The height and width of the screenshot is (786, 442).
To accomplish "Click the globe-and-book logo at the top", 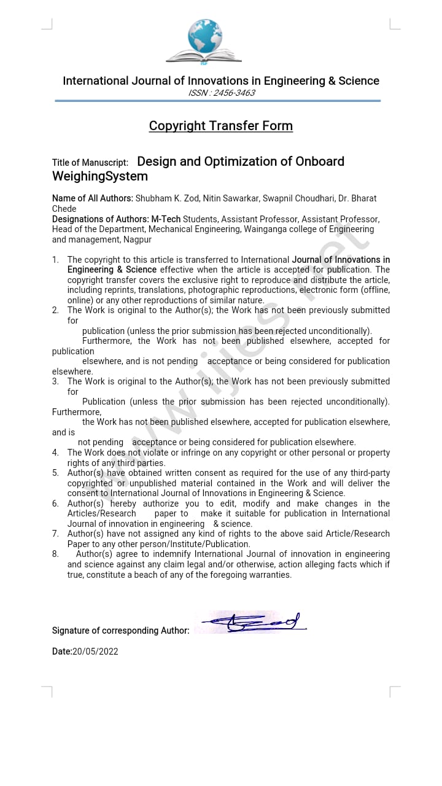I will click(x=204, y=41).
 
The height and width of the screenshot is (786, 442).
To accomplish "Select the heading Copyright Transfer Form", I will click(x=221, y=126).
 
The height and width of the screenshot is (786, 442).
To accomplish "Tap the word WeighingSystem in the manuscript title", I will click(x=100, y=177).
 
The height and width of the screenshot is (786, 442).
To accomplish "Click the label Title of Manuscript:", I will click(x=90, y=163).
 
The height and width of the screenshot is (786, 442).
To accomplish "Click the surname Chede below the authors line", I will click(x=64, y=209).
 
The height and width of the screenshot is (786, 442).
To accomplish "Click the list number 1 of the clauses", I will click(x=55, y=260).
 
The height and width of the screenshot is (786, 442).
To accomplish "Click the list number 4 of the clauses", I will click(x=55, y=453).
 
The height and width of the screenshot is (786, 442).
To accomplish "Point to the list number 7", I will click(x=55, y=534).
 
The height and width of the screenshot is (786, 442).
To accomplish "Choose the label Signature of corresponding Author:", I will click(x=121, y=631).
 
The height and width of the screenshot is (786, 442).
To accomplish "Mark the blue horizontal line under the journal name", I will click(x=218, y=101).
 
